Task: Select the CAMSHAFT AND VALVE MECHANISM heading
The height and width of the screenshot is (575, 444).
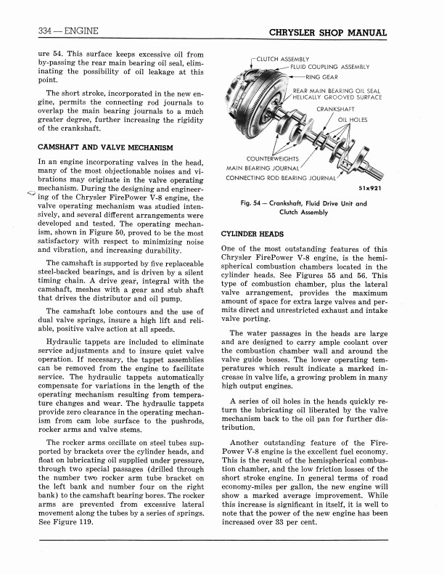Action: [x=104, y=147]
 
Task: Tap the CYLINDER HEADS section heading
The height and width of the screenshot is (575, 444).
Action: [x=252, y=235]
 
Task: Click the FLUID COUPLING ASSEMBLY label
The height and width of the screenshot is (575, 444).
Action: [x=330, y=68]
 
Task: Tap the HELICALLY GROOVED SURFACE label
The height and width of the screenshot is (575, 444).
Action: [x=341, y=98]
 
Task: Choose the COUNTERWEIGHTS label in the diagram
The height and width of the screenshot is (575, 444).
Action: [x=272, y=158]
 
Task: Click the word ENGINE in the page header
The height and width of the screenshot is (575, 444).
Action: [x=76, y=31]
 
